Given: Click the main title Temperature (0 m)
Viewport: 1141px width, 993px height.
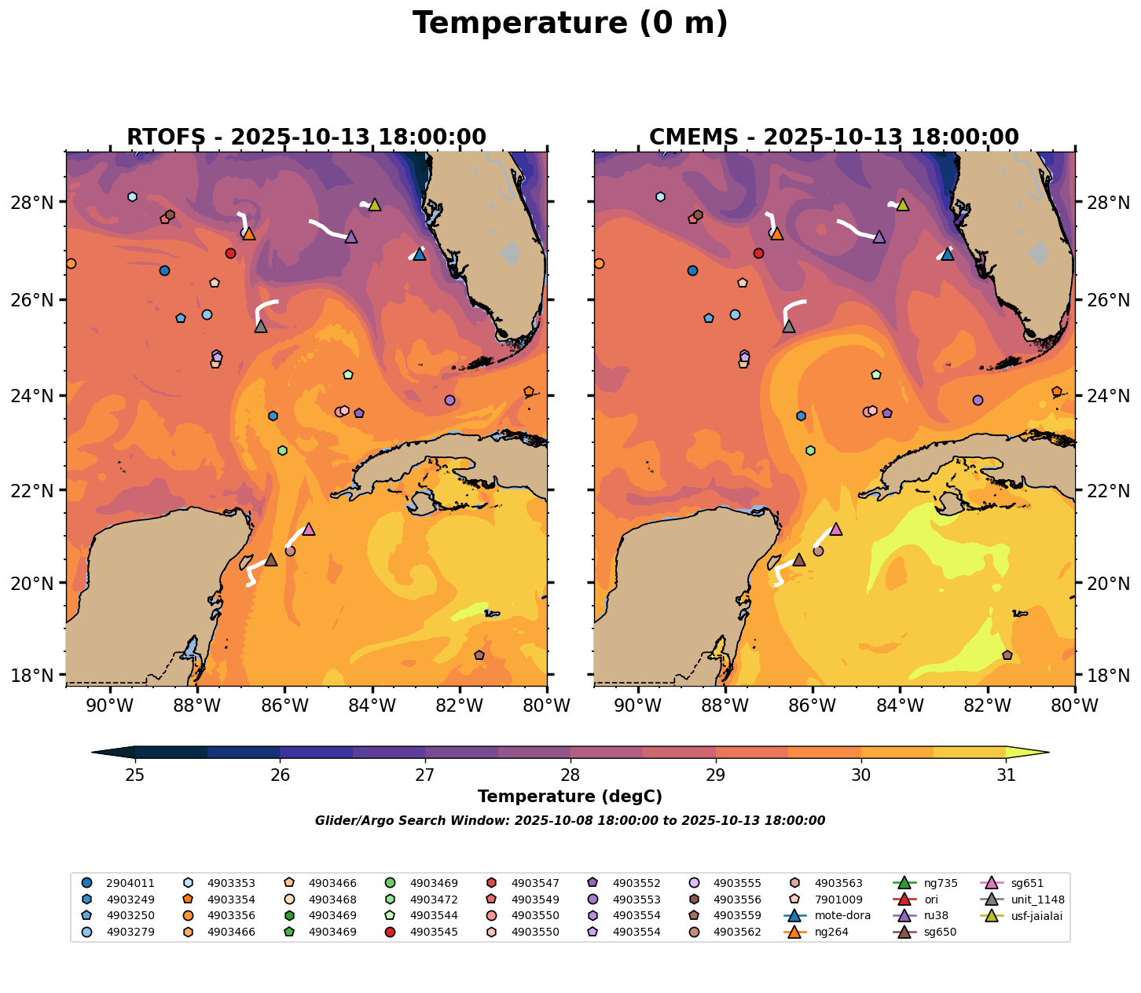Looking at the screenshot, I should (570, 24).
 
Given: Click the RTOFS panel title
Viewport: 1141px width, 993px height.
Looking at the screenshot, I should (306, 137).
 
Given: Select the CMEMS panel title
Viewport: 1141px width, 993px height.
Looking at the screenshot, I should (834, 137).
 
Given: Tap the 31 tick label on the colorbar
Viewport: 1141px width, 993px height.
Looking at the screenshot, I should (1006, 775).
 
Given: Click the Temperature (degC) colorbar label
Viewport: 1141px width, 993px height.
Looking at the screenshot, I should (570, 797).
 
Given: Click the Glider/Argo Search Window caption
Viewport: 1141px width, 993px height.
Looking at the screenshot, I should (570, 821).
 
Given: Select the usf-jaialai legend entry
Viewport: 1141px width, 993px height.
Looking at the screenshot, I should (1034, 915).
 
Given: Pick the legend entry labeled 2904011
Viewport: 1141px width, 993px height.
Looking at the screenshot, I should (127, 883).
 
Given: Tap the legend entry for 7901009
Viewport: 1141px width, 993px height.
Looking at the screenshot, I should (838, 900).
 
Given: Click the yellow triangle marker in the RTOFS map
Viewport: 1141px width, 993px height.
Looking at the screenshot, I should (375, 205).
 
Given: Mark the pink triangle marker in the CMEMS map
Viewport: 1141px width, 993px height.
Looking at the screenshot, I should (835, 529).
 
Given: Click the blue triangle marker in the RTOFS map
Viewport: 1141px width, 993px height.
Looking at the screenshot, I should (419, 255).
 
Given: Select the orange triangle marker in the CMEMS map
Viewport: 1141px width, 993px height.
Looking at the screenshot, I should (776, 233).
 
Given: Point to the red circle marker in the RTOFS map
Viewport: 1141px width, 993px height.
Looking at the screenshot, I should (230, 253).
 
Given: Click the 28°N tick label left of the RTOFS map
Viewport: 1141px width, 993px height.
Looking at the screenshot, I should (37, 203).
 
